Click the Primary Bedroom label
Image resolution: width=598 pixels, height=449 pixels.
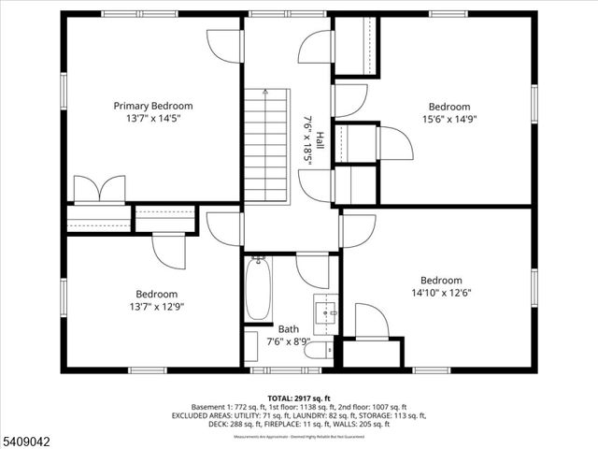point(153,106)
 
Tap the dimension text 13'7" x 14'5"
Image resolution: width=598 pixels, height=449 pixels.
point(153,119)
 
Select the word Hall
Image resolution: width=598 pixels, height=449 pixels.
point(320,141)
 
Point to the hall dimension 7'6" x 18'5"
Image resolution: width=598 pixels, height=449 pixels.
point(307,141)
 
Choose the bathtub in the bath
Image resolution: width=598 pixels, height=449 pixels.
point(258,289)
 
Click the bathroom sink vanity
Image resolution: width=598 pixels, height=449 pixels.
point(324,311)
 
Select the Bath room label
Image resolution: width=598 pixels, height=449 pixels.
point(288,329)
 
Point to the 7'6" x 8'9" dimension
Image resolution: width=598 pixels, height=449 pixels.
point(288,342)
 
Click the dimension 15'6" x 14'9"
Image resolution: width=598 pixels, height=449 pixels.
point(449,120)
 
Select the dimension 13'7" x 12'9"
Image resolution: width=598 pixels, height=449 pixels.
point(156,306)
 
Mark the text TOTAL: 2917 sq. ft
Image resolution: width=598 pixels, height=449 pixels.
point(299,398)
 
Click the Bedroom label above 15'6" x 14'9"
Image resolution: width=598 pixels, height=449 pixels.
point(449,107)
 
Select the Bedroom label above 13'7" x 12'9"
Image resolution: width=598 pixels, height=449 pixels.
point(156,293)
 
